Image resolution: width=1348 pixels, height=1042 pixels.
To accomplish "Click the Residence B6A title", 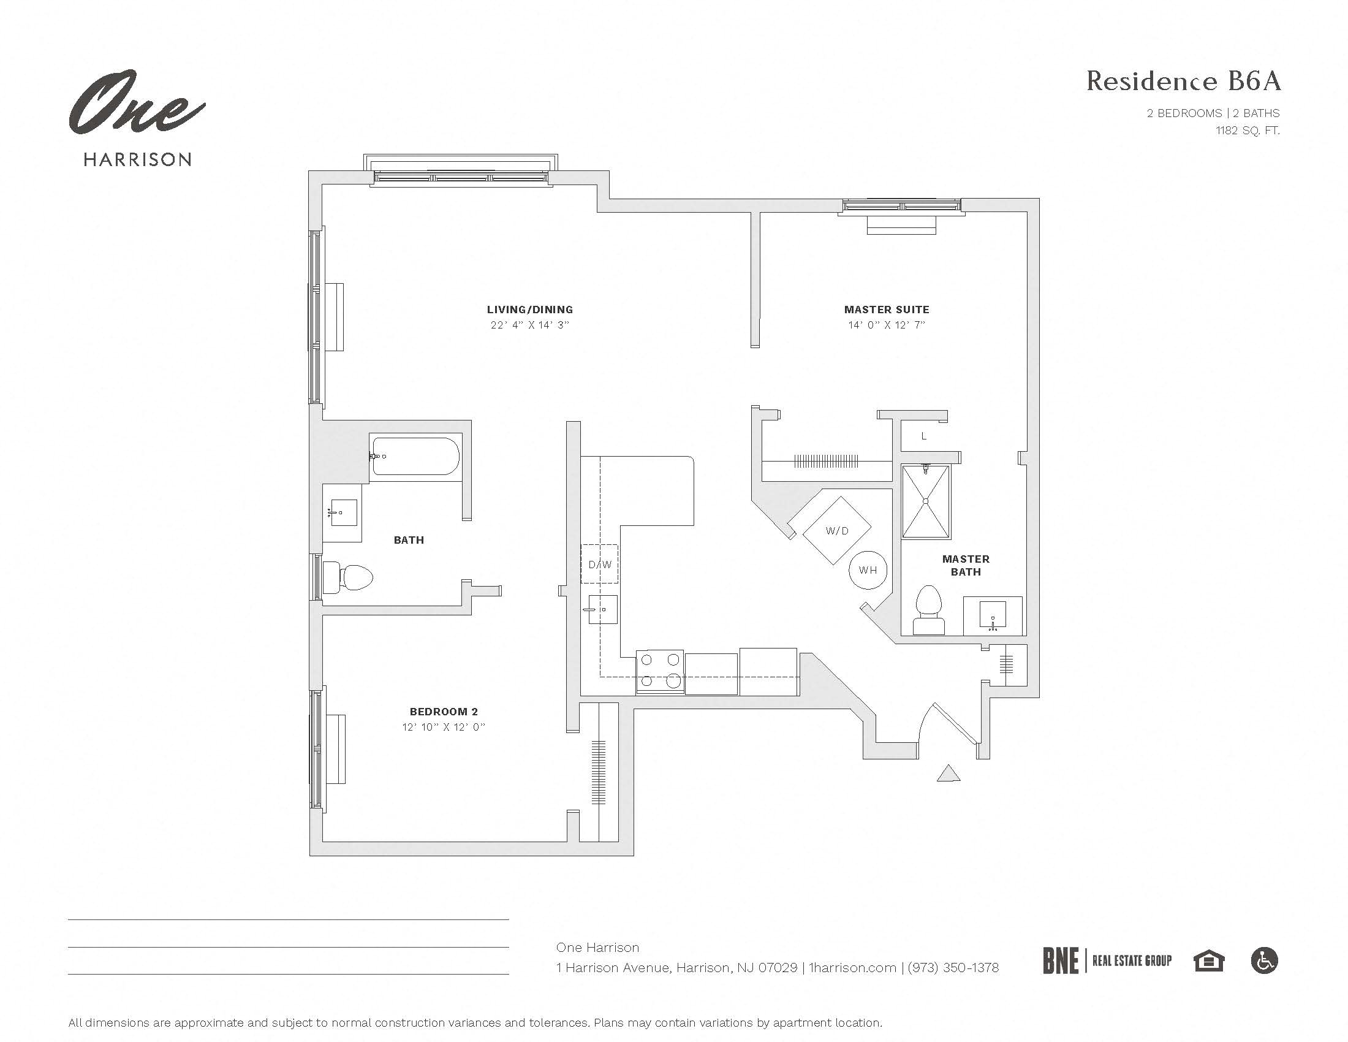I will [1183, 82].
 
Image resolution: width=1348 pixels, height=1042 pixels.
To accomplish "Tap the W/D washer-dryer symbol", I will [836, 530].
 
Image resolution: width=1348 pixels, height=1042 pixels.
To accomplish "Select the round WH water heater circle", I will [867, 570].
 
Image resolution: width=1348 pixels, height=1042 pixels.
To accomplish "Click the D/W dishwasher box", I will [599, 564].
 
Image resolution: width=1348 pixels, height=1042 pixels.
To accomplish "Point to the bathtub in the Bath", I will [415, 456].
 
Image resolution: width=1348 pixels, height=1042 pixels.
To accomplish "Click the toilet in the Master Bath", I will [928, 610].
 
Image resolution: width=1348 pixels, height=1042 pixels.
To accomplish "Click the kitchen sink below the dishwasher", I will [602, 609].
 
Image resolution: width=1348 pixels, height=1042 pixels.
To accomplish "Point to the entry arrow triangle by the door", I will [948, 774].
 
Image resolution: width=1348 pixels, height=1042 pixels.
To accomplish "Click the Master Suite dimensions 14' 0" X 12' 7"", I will [887, 325].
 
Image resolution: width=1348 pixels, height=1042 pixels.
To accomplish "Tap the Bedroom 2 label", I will [443, 712].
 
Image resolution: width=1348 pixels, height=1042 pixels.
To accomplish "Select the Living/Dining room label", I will [529, 310].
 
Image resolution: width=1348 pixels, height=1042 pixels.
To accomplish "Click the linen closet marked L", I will [924, 436].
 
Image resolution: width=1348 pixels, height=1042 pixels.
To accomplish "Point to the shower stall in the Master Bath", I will [925, 502].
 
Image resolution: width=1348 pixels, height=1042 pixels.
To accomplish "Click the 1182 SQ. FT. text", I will [1248, 130].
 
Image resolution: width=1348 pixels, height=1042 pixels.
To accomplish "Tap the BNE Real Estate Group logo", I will [1107, 960].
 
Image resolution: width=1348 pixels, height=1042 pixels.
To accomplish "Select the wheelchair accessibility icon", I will [1264, 960].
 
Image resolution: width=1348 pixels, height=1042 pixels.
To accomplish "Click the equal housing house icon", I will [1208, 961].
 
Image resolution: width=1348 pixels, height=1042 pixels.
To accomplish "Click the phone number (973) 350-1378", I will [953, 967].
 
